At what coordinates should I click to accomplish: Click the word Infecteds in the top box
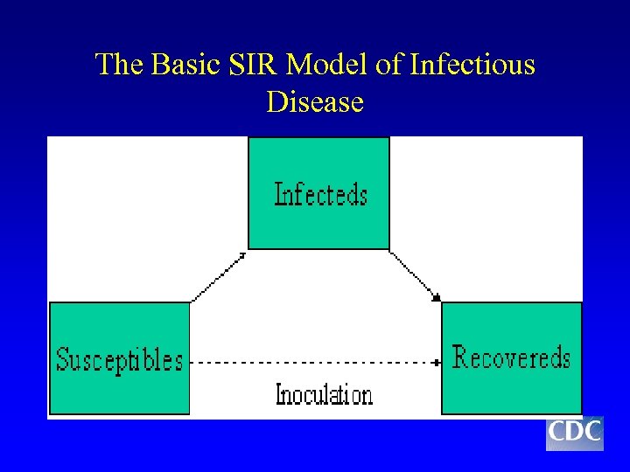tap(320, 193)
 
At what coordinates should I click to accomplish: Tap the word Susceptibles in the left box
tap(120, 359)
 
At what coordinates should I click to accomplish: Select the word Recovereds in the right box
tap(511, 357)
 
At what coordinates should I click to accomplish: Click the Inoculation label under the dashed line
tap(324, 394)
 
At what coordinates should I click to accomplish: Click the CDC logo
tap(574, 432)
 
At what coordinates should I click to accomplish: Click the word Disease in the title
tap(315, 102)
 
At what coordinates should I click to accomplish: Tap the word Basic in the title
tap(185, 65)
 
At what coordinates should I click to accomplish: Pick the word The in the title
tap(120, 65)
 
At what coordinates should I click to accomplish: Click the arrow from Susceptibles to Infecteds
tap(219, 277)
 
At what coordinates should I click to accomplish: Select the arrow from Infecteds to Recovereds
tap(414, 275)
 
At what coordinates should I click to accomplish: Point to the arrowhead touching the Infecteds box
tap(243, 254)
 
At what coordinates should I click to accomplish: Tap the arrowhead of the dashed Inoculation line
tap(436, 360)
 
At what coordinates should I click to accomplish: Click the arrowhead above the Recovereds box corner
tap(437, 298)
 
